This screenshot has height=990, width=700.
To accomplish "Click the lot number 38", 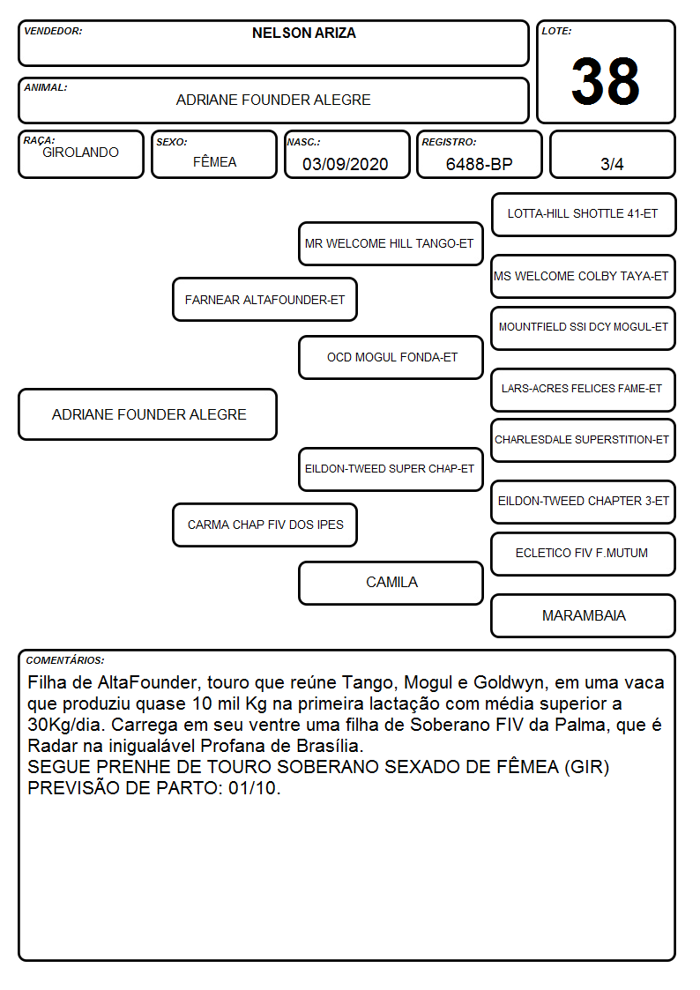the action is pyautogui.click(x=606, y=81).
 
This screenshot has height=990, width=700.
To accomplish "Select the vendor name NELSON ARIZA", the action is pyautogui.click(x=303, y=33).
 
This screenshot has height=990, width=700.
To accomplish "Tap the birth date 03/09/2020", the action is pyautogui.click(x=346, y=164).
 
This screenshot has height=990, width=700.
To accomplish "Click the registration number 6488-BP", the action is pyautogui.click(x=479, y=164).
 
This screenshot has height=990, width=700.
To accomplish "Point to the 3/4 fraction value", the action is pyautogui.click(x=612, y=164).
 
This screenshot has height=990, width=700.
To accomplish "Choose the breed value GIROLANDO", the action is pyautogui.click(x=80, y=153).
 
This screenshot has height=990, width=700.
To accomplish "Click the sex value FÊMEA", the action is pyautogui.click(x=214, y=161).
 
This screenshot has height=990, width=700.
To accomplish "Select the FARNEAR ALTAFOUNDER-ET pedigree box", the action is pyautogui.click(x=264, y=299).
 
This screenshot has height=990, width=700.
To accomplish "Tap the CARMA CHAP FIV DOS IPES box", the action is pyautogui.click(x=264, y=525).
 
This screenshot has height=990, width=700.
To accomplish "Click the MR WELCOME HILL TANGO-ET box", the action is pyautogui.click(x=391, y=243).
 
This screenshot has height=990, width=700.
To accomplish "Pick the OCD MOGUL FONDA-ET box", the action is pyautogui.click(x=391, y=357).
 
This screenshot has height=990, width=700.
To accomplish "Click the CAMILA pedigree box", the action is pyautogui.click(x=391, y=583).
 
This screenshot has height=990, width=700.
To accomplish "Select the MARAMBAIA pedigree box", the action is pyautogui.click(x=584, y=615).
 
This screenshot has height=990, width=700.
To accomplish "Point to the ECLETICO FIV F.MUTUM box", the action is pyautogui.click(x=584, y=554).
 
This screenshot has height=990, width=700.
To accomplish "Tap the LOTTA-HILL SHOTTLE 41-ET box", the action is pyautogui.click(x=584, y=215).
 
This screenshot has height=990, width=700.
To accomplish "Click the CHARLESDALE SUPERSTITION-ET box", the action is pyautogui.click(x=584, y=440).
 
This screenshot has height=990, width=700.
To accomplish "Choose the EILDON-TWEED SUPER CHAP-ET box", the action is pyautogui.click(x=391, y=469).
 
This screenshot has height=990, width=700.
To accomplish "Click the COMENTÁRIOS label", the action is pyautogui.click(x=65, y=660).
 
